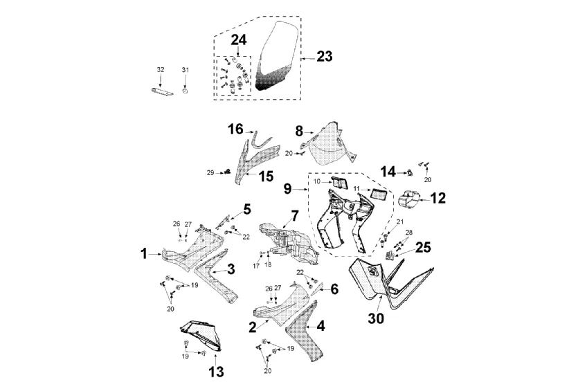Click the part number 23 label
[x=325, y=57]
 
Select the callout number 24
[x=238, y=40]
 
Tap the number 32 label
[x=161, y=70]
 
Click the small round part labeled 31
[x=185, y=90]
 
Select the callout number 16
[x=236, y=129]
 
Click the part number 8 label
[x=299, y=130]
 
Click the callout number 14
[x=388, y=171]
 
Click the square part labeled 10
[x=341, y=182]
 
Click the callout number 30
[x=376, y=319]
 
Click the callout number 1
[x=145, y=254]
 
